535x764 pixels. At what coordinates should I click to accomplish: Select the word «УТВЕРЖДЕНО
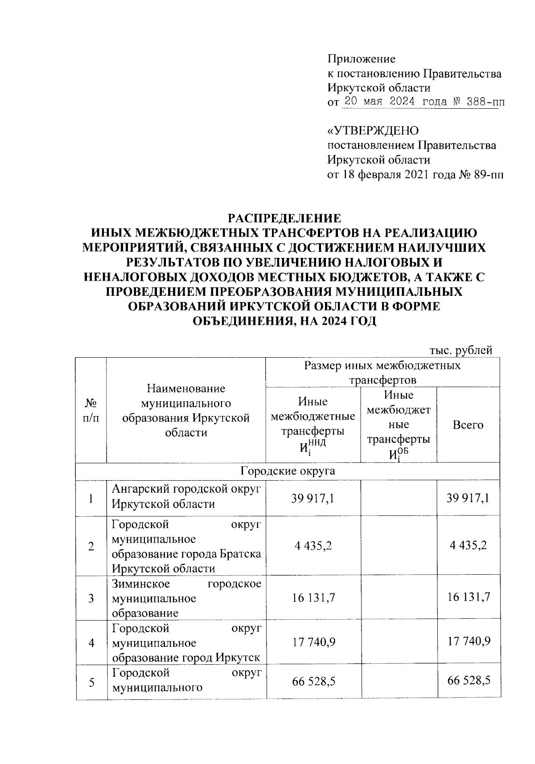point(373,131)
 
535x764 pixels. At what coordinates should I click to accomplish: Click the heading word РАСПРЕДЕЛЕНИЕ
point(284,219)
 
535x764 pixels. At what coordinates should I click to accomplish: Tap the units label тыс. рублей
point(461,351)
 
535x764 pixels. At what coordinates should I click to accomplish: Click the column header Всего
point(468,425)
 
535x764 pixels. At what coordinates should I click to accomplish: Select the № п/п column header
point(91,410)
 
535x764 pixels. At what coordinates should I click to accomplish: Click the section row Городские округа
point(288,471)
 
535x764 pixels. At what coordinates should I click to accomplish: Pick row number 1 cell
point(91,498)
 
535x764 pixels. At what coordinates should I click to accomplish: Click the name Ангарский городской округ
point(185,490)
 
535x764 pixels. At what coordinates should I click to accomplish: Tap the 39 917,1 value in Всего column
point(468,498)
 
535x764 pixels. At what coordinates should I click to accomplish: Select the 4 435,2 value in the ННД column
point(313,546)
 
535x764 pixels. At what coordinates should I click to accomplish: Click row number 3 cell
point(91,598)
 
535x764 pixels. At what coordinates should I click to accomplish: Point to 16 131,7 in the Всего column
point(468,597)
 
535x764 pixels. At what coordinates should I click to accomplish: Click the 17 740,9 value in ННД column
point(313,642)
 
